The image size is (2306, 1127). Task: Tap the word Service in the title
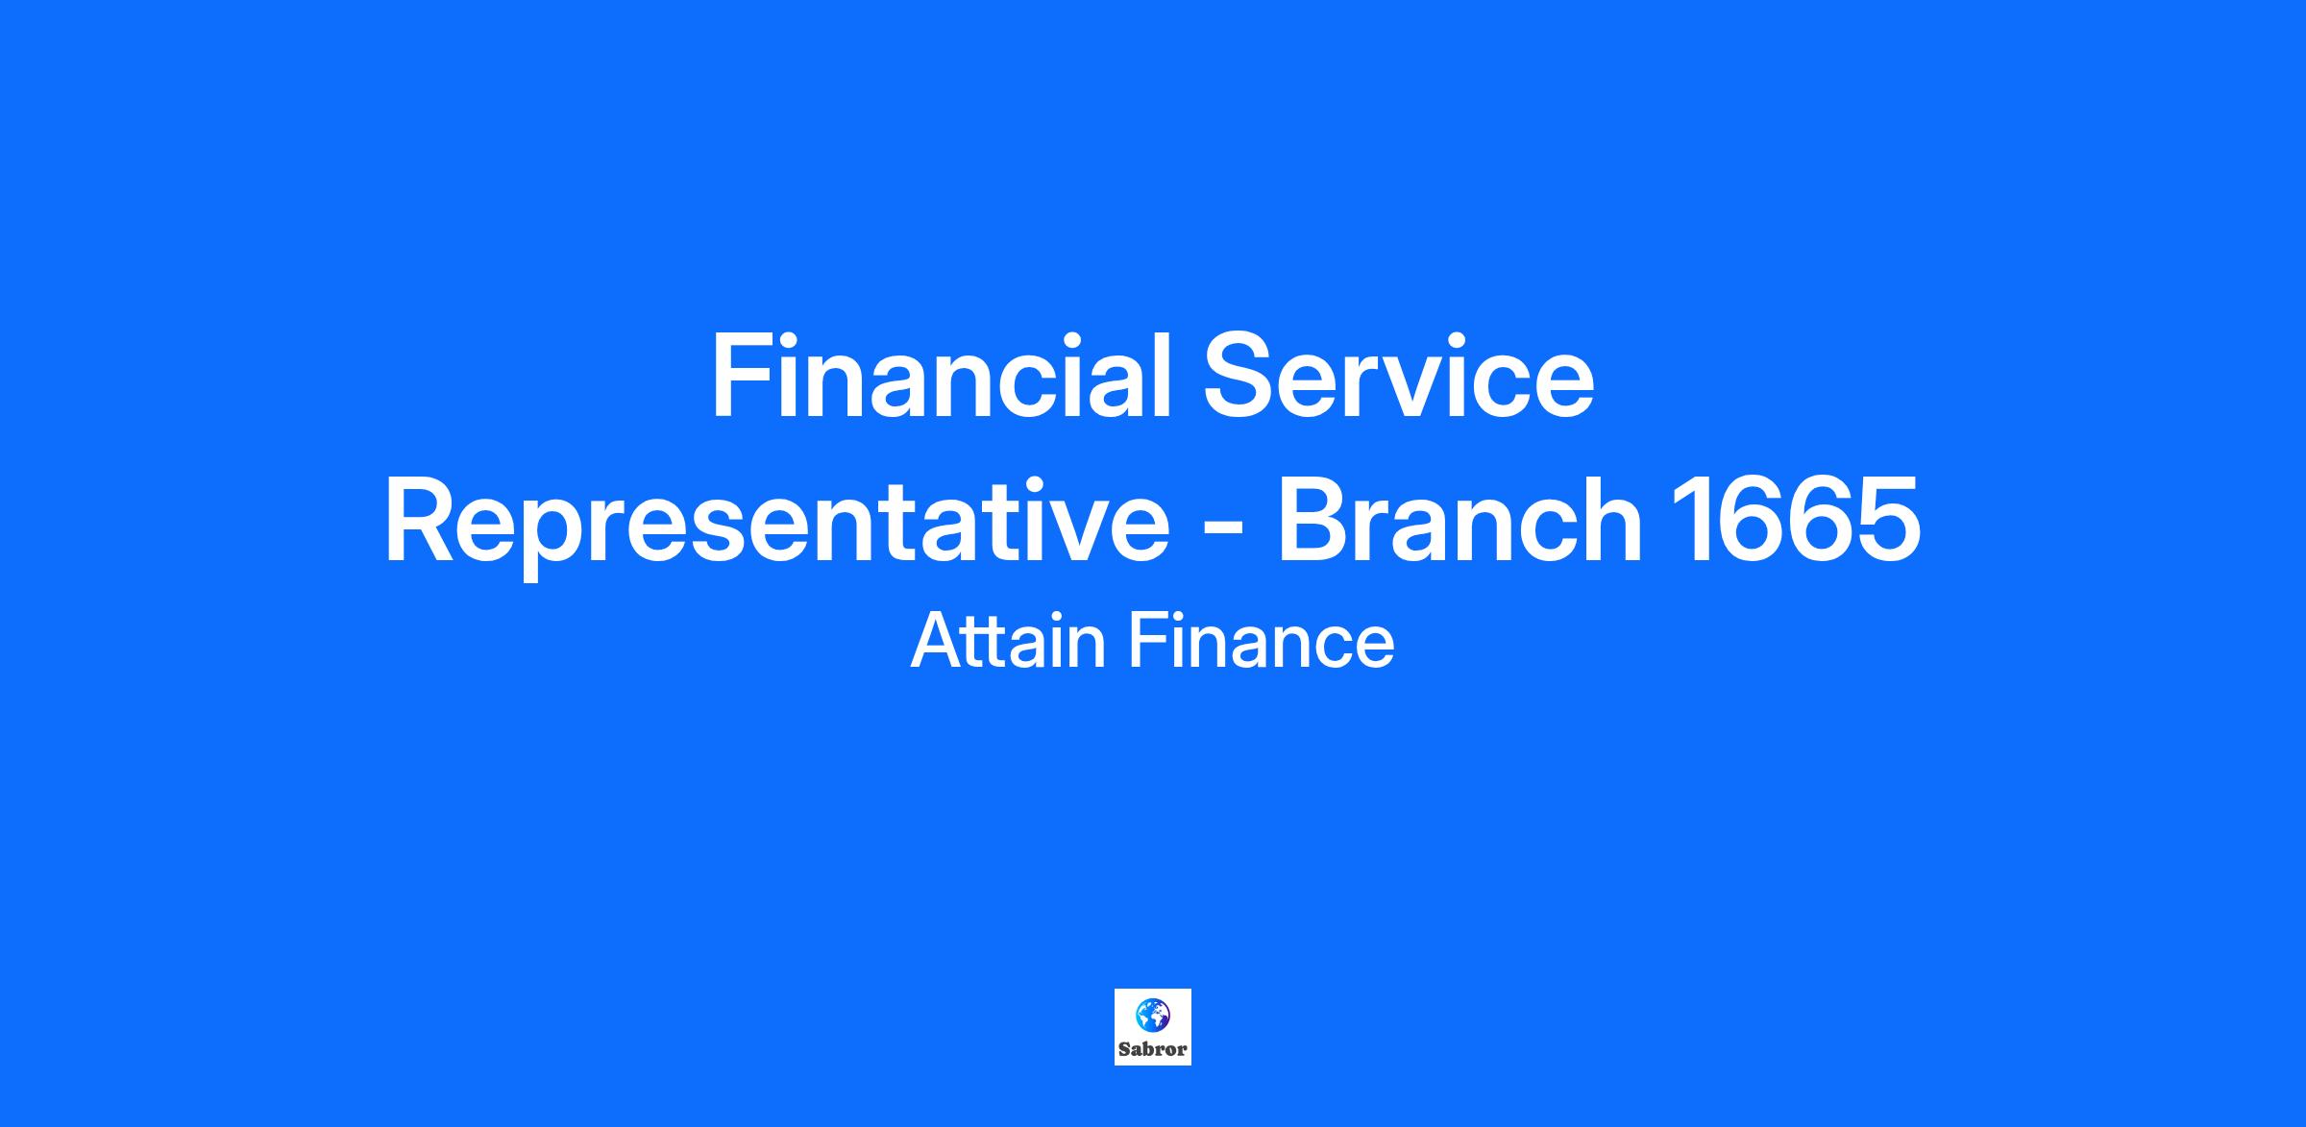[1400, 376]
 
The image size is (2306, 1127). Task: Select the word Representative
[777, 525]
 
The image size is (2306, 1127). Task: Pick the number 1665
[1796, 520]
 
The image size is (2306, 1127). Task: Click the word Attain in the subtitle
[1008, 641]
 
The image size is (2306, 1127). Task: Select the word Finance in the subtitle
[1262, 641]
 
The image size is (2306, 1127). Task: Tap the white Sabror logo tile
[1153, 1027]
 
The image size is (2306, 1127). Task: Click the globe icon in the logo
[1153, 1015]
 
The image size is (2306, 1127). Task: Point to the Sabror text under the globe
[1153, 1050]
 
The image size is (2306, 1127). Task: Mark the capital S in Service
[1240, 376]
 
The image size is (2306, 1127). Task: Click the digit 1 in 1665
[1690, 520]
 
